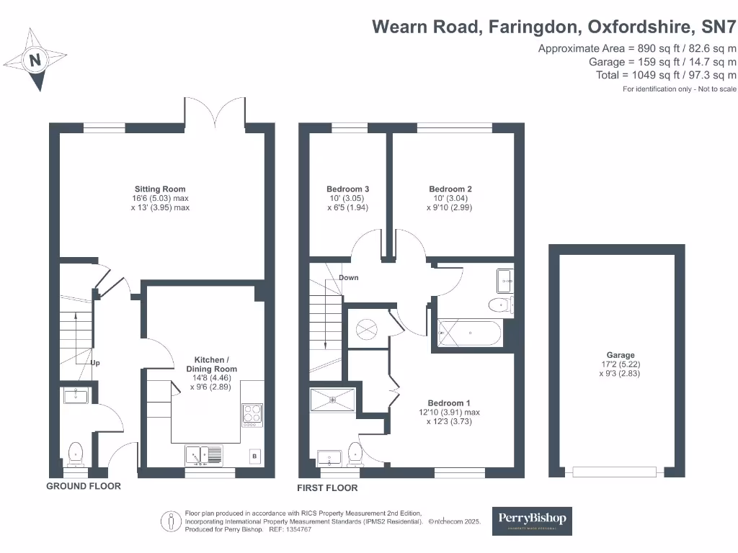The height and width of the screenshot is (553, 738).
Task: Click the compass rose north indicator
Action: [x=35, y=60]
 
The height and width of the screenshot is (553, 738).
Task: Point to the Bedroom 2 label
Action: [x=450, y=189]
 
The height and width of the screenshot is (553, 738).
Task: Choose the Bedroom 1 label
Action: [x=450, y=403]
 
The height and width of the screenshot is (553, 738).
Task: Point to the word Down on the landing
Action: [x=348, y=278]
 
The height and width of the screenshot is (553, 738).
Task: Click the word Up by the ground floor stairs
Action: [x=94, y=363]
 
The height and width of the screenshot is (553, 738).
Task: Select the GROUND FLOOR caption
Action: [x=84, y=486]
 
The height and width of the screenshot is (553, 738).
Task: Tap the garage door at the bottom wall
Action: [x=615, y=472]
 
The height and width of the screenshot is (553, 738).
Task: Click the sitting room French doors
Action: [x=216, y=115]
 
